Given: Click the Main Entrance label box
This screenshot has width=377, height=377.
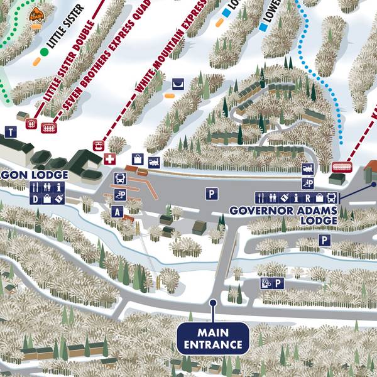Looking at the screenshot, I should (x=212, y=337).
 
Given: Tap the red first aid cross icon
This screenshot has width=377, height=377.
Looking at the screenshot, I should (x=111, y=159).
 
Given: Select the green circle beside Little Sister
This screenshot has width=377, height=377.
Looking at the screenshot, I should (x=44, y=52).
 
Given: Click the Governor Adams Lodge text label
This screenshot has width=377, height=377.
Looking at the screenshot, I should (x=283, y=215).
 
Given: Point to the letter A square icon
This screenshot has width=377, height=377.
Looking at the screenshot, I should (x=116, y=212).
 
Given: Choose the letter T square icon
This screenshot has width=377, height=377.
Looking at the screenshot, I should (x=11, y=132).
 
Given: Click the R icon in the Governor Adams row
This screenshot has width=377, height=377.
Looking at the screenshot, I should (x=309, y=198).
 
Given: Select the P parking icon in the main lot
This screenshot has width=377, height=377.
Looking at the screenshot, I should (x=211, y=194).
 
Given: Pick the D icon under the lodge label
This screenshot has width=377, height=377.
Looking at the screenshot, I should (x=35, y=199).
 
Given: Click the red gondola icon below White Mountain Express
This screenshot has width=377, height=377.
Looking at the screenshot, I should (x=98, y=145).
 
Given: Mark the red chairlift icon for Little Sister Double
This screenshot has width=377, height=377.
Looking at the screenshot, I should (x=30, y=123).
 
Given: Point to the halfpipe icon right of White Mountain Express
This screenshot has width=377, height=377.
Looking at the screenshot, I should (x=178, y=83).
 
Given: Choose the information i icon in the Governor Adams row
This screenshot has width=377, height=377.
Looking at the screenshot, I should (x=296, y=198).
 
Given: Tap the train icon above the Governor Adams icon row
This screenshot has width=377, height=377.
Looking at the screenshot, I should (x=308, y=168).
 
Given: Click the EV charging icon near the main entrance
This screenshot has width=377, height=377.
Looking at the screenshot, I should (x=266, y=283).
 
